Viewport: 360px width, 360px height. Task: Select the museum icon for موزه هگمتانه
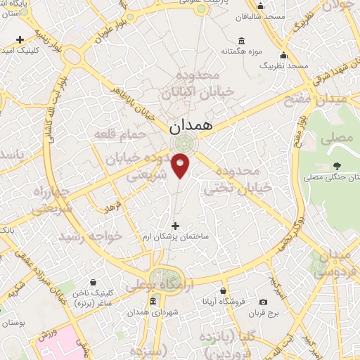pyautogui.click(x=242, y=41)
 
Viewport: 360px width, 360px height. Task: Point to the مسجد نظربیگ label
pyautogui.click(x=284, y=65)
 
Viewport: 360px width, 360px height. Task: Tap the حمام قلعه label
pyautogui.click(x=127, y=133)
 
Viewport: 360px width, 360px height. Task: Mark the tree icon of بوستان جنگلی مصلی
pyautogui.click(x=337, y=167)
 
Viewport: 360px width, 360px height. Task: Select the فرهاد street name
pyautogui.click(x=113, y=207)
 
